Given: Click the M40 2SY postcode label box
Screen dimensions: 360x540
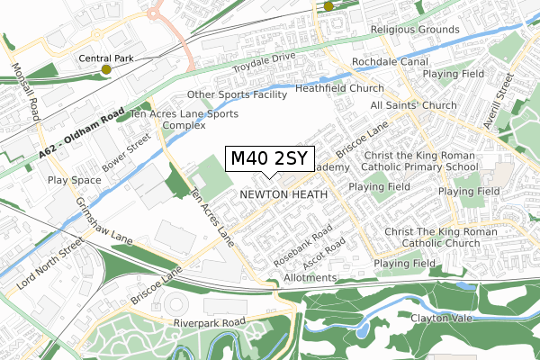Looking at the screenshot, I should coord(270,159).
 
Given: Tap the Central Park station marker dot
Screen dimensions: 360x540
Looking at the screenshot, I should coord(106,68).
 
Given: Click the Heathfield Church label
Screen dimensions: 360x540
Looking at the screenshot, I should coord(341,88).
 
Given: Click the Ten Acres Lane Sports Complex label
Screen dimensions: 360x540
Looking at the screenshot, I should coord(184,120).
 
